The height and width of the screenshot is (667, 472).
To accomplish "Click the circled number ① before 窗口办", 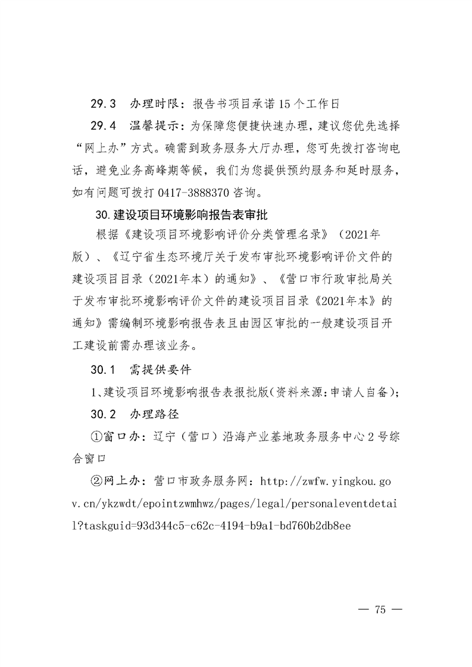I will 95,436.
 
